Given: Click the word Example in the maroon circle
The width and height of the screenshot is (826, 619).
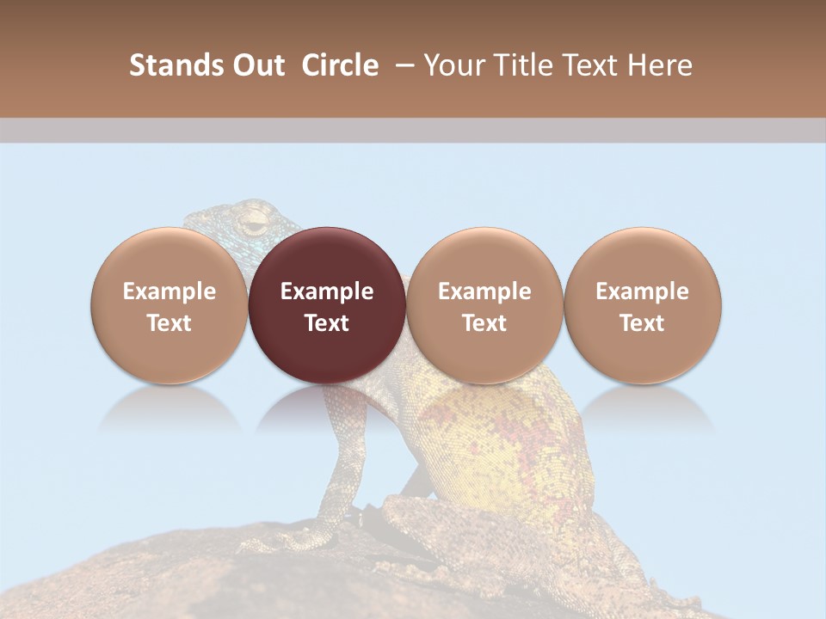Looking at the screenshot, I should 327,291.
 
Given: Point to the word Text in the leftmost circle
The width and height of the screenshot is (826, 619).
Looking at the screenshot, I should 169,323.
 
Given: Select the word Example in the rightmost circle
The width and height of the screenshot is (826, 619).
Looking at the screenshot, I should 642,291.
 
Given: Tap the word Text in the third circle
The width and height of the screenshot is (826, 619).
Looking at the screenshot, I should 484,323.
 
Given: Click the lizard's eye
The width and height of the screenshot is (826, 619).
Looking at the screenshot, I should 254,225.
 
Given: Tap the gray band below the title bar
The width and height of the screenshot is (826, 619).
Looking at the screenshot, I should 413,131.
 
